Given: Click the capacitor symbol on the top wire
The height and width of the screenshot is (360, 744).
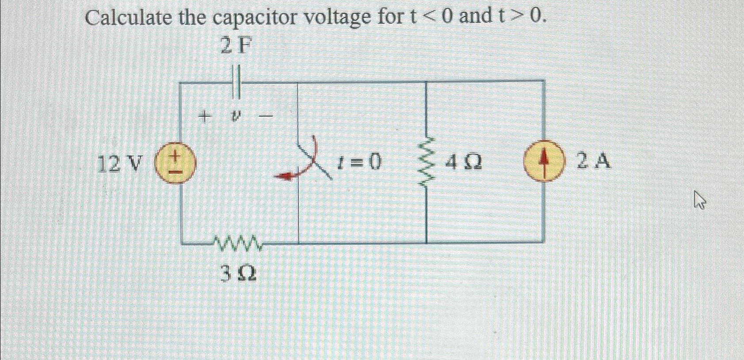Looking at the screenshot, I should [x=236, y=82].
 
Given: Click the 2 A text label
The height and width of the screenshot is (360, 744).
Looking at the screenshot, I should [x=594, y=161].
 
